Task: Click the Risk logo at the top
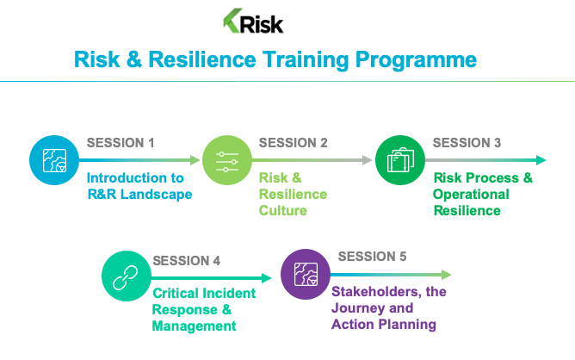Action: [x=253, y=22]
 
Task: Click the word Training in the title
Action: [x=306, y=59]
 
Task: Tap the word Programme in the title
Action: [x=416, y=60]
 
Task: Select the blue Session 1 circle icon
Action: [x=54, y=160]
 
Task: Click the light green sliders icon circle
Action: [x=227, y=160]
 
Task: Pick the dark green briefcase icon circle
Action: [x=400, y=160]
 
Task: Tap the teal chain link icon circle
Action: [x=127, y=276]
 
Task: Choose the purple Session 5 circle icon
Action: [x=306, y=274]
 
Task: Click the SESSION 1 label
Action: [x=121, y=143]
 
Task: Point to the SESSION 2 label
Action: [x=293, y=143]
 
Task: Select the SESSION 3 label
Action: [x=467, y=143]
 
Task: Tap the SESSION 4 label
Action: [x=186, y=261]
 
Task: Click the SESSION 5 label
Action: [x=372, y=257]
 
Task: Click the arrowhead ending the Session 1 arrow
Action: [x=195, y=160]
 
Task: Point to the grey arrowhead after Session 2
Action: [x=367, y=160]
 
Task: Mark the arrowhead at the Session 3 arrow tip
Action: [x=541, y=160]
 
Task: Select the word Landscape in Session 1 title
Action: [x=156, y=195]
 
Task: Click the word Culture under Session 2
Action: [x=282, y=211]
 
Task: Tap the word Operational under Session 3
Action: [x=471, y=195]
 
